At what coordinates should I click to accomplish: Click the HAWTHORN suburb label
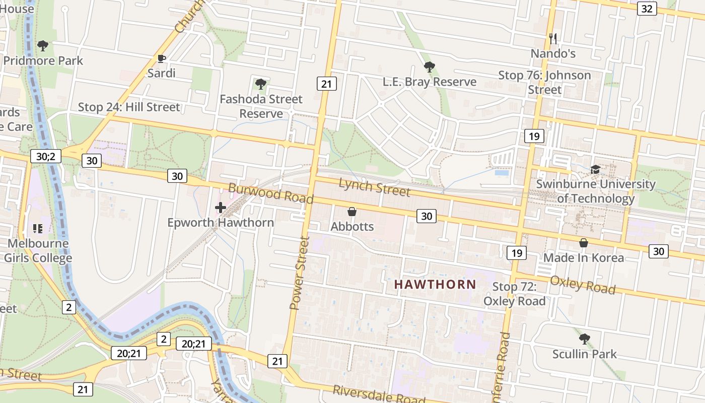point(435,284)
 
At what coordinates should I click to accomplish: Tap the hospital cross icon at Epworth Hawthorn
point(220,207)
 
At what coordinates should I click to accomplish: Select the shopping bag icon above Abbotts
point(352,212)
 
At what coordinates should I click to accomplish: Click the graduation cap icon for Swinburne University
point(596,169)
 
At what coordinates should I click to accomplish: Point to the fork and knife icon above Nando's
point(553,38)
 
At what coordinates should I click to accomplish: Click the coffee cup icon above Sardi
point(161,59)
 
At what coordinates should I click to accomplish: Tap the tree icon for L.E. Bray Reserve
point(429,67)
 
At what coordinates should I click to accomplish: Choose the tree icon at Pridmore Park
point(43,46)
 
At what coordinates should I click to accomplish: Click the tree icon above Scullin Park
point(584,339)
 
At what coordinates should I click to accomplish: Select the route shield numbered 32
point(647,9)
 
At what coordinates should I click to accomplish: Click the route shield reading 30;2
point(45,156)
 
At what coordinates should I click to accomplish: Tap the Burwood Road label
point(270,193)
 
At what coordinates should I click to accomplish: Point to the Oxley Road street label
point(583,285)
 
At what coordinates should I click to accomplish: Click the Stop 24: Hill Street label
point(128,107)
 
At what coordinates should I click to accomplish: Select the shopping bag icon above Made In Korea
point(584,243)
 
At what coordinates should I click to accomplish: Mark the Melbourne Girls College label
point(38,250)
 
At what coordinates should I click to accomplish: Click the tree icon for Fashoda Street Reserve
point(260,84)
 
